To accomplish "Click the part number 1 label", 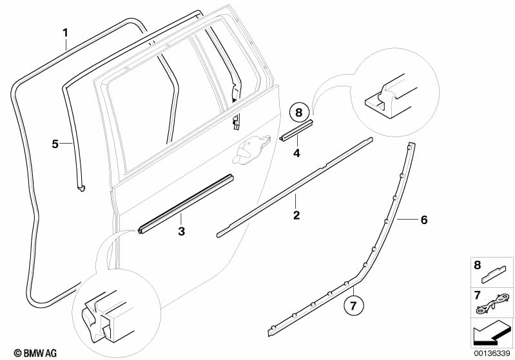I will coord(64,32).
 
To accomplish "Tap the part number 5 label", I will coord(55,144).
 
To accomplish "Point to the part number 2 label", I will coord(296,215).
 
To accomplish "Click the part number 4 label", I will coord(296,153).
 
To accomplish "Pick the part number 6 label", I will coord(423,220).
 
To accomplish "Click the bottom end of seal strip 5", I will coord(81,187).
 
